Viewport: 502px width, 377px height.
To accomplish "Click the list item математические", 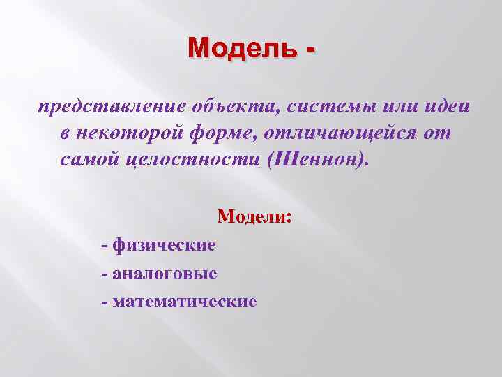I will [184, 302].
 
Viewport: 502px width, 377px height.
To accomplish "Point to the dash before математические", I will [105, 302].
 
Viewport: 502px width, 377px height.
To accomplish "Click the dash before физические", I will [105, 245].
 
